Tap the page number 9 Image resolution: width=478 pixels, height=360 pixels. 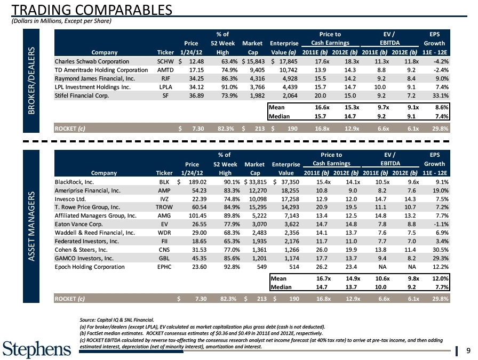(x=467, y=350)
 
